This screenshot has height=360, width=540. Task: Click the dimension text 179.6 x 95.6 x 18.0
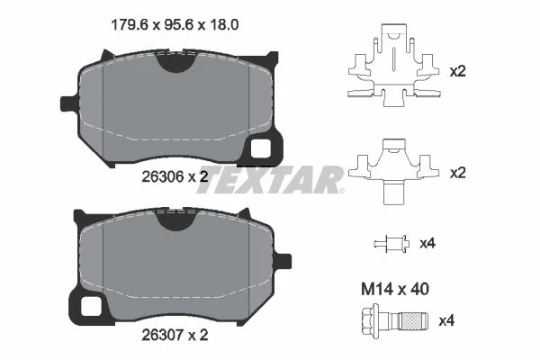175,25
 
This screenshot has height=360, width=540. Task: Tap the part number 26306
162,177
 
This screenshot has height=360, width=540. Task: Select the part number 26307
162,335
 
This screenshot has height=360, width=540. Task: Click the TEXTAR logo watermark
271,179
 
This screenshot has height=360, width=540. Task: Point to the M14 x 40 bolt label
395,289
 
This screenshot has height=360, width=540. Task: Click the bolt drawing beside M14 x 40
395,321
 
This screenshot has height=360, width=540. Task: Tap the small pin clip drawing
391,244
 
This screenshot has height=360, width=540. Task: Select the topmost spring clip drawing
394,65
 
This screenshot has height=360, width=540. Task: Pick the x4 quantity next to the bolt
446,321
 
